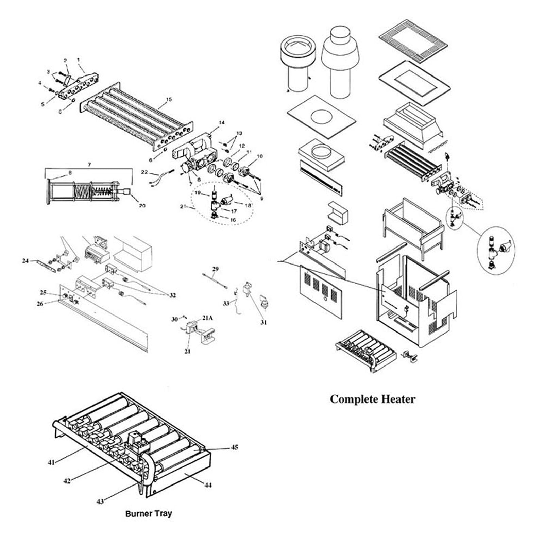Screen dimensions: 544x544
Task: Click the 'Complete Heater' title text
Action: (x=373, y=399)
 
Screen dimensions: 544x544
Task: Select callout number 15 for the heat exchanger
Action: (x=169, y=100)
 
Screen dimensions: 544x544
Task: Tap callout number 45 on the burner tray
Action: (x=235, y=447)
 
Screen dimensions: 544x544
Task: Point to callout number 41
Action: (x=51, y=462)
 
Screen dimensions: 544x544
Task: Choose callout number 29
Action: (x=215, y=269)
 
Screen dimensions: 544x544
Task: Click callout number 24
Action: (x=26, y=261)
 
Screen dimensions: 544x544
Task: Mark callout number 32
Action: (x=173, y=295)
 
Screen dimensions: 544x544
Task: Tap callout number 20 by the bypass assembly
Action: (x=142, y=205)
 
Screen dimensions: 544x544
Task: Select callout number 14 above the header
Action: (x=222, y=122)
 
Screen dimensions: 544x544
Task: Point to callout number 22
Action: (x=144, y=172)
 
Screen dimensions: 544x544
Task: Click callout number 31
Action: (x=263, y=322)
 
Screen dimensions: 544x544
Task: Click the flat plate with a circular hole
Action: (x=321, y=117)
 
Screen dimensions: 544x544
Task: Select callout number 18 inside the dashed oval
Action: (x=248, y=205)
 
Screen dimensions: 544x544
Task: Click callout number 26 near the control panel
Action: (x=40, y=304)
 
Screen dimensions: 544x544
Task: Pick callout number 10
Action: (x=260, y=156)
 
